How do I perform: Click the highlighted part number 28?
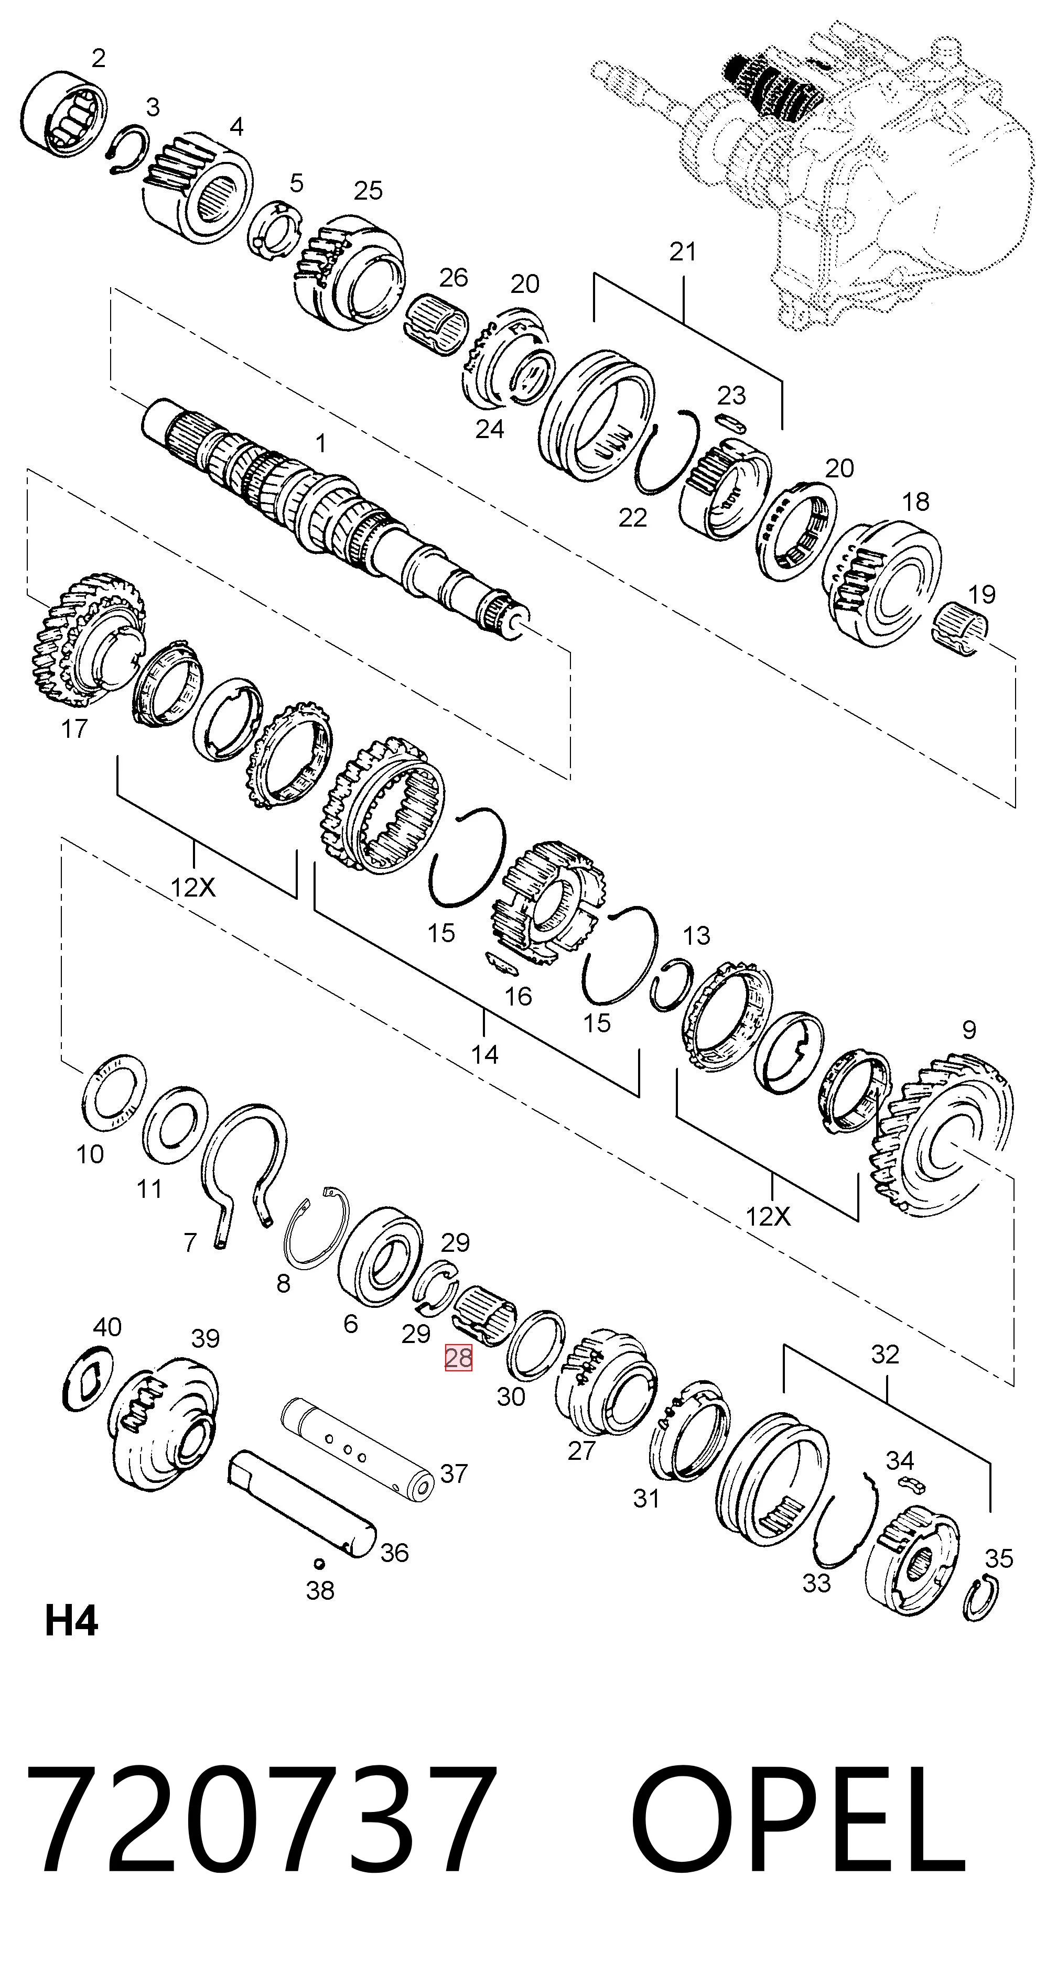[x=458, y=1358]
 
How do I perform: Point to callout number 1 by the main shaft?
[x=321, y=443]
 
